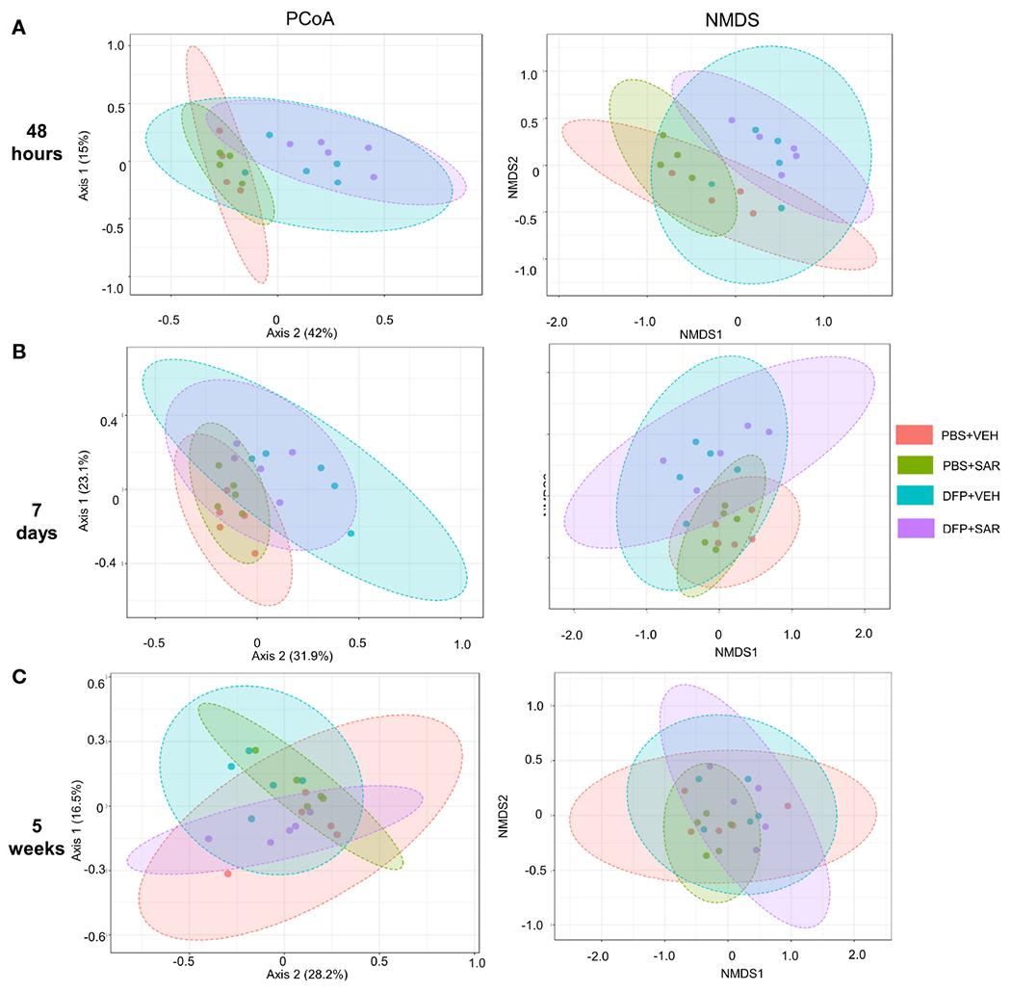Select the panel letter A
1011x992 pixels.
(x=18, y=30)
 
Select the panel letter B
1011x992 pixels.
(x=18, y=352)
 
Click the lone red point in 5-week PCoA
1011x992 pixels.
(x=228, y=874)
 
